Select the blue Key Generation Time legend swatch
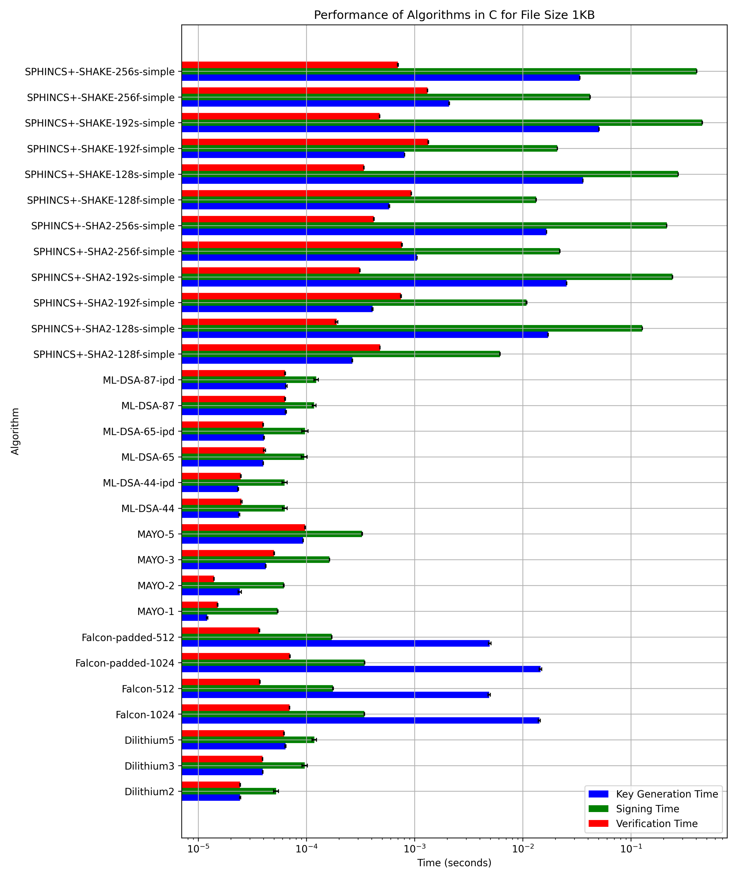pyautogui.click(x=598, y=794)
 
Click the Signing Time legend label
pyautogui.click(x=647, y=809)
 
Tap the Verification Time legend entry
pyautogui.click(x=656, y=823)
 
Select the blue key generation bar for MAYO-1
pyautogui.click(x=194, y=618)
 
